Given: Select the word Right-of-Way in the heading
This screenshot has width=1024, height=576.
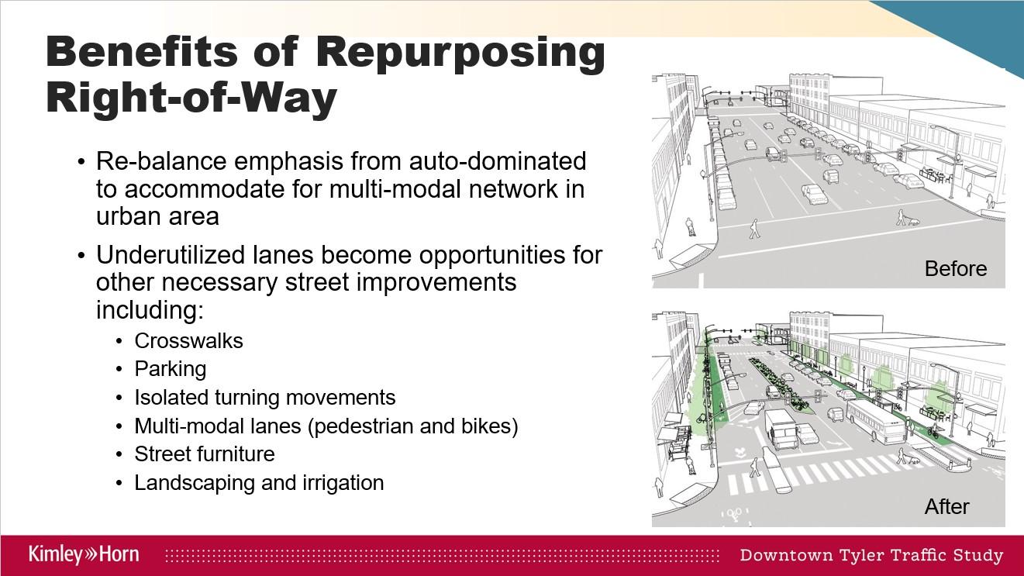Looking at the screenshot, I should pyautogui.click(x=191, y=98).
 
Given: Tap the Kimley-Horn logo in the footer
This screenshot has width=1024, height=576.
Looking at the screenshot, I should pyautogui.click(x=84, y=554).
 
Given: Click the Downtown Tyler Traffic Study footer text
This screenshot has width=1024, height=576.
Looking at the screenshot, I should pyautogui.click(x=871, y=555).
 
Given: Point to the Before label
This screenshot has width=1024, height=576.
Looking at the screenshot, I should pyautogui.click(x=955, y=269).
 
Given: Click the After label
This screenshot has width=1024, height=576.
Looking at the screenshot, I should pyautogui.click(x=946, y=507).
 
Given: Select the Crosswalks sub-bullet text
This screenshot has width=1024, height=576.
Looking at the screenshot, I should pyautogui.click(x=188, y=341).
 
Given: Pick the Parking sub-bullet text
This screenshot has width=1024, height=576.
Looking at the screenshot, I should pyautogui.click(x=170, y=369).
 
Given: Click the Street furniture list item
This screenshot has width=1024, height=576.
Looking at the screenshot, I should pyautogui.click(x=205, y=454).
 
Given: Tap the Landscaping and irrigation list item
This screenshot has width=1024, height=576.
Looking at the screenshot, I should pyautogui.click(x=259, y=482).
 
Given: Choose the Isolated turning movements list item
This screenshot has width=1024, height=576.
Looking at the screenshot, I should pyautogui.click(x=264, y=398).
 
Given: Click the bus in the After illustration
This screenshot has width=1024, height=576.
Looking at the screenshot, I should pyautogui.click(x=876, y=421).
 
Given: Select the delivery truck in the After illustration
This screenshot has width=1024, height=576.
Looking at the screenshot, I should pyautogui.click(x=781, y=428).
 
